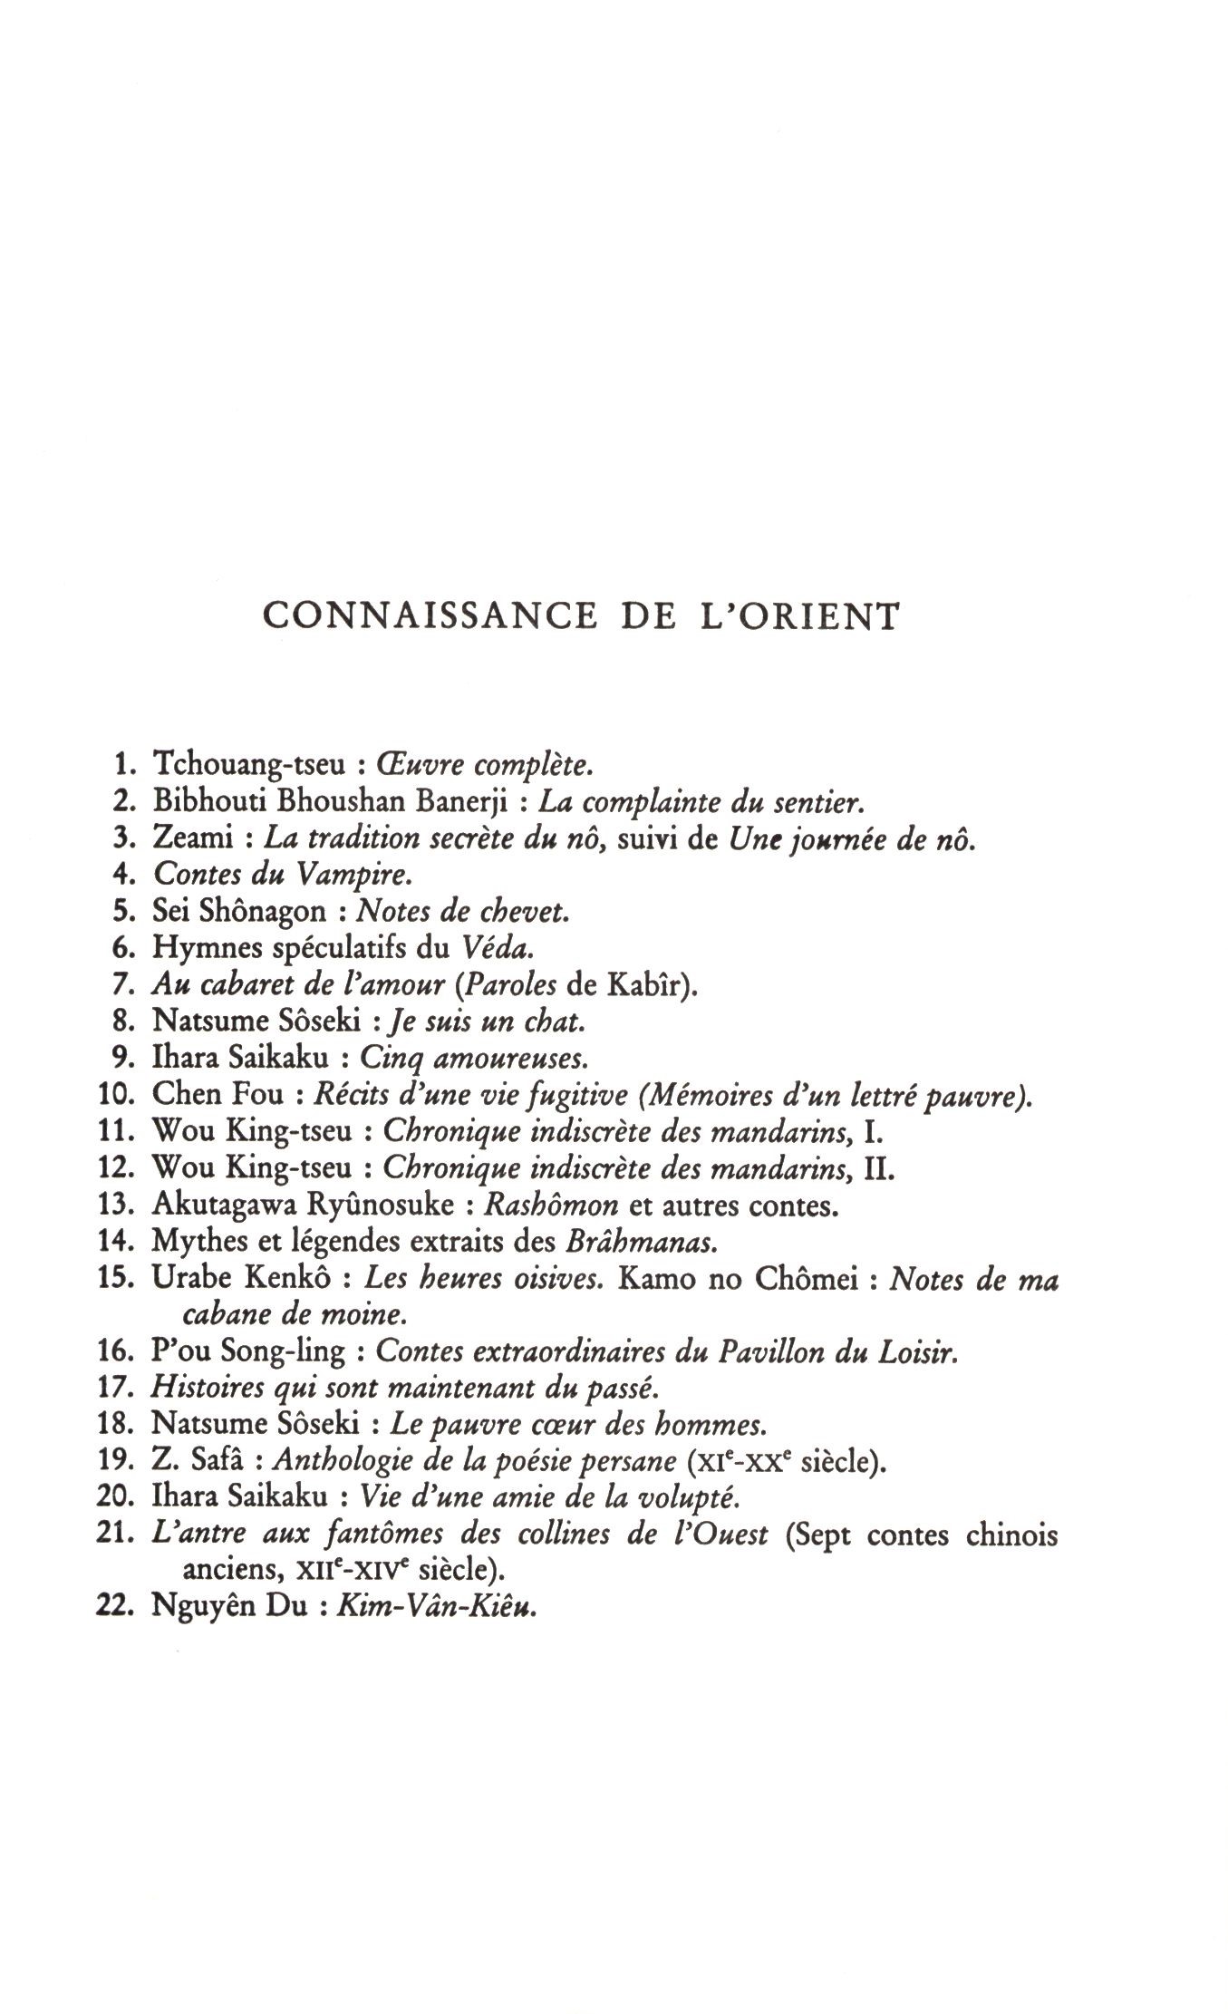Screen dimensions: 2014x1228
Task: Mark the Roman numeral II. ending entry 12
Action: click(x=878, y=1169)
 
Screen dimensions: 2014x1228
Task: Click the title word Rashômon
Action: click(x=552, y=1206)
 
